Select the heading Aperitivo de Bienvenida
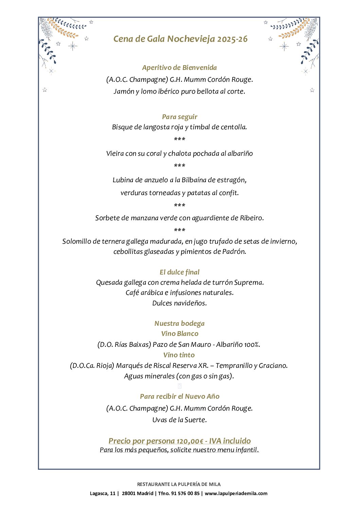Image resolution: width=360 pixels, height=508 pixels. tap(179, 68)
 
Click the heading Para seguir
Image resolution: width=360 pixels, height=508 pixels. tap(179, 117)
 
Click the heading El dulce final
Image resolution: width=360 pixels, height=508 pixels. tap(179, 272)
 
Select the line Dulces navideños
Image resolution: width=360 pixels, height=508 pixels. tap(179, 303)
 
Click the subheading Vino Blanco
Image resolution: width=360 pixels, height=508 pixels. tap(180, 334)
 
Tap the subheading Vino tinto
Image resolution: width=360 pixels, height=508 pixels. tap(179, 355)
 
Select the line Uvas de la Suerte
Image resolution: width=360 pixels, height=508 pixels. tap(179, 420)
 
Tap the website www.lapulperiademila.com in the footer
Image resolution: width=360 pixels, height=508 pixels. tap(236, 493)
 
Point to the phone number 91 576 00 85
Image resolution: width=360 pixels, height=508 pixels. tap(185, 493)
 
